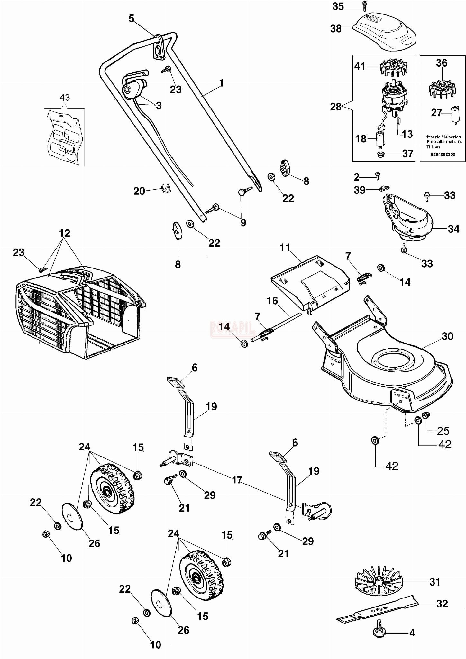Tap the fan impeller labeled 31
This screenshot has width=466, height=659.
click(378, 582)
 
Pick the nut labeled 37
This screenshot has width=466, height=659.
click(383, 154)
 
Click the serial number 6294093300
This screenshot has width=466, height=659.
click(443, 155)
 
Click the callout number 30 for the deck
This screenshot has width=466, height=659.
click(447, 336)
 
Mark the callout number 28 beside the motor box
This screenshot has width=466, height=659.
click(335, 107)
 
